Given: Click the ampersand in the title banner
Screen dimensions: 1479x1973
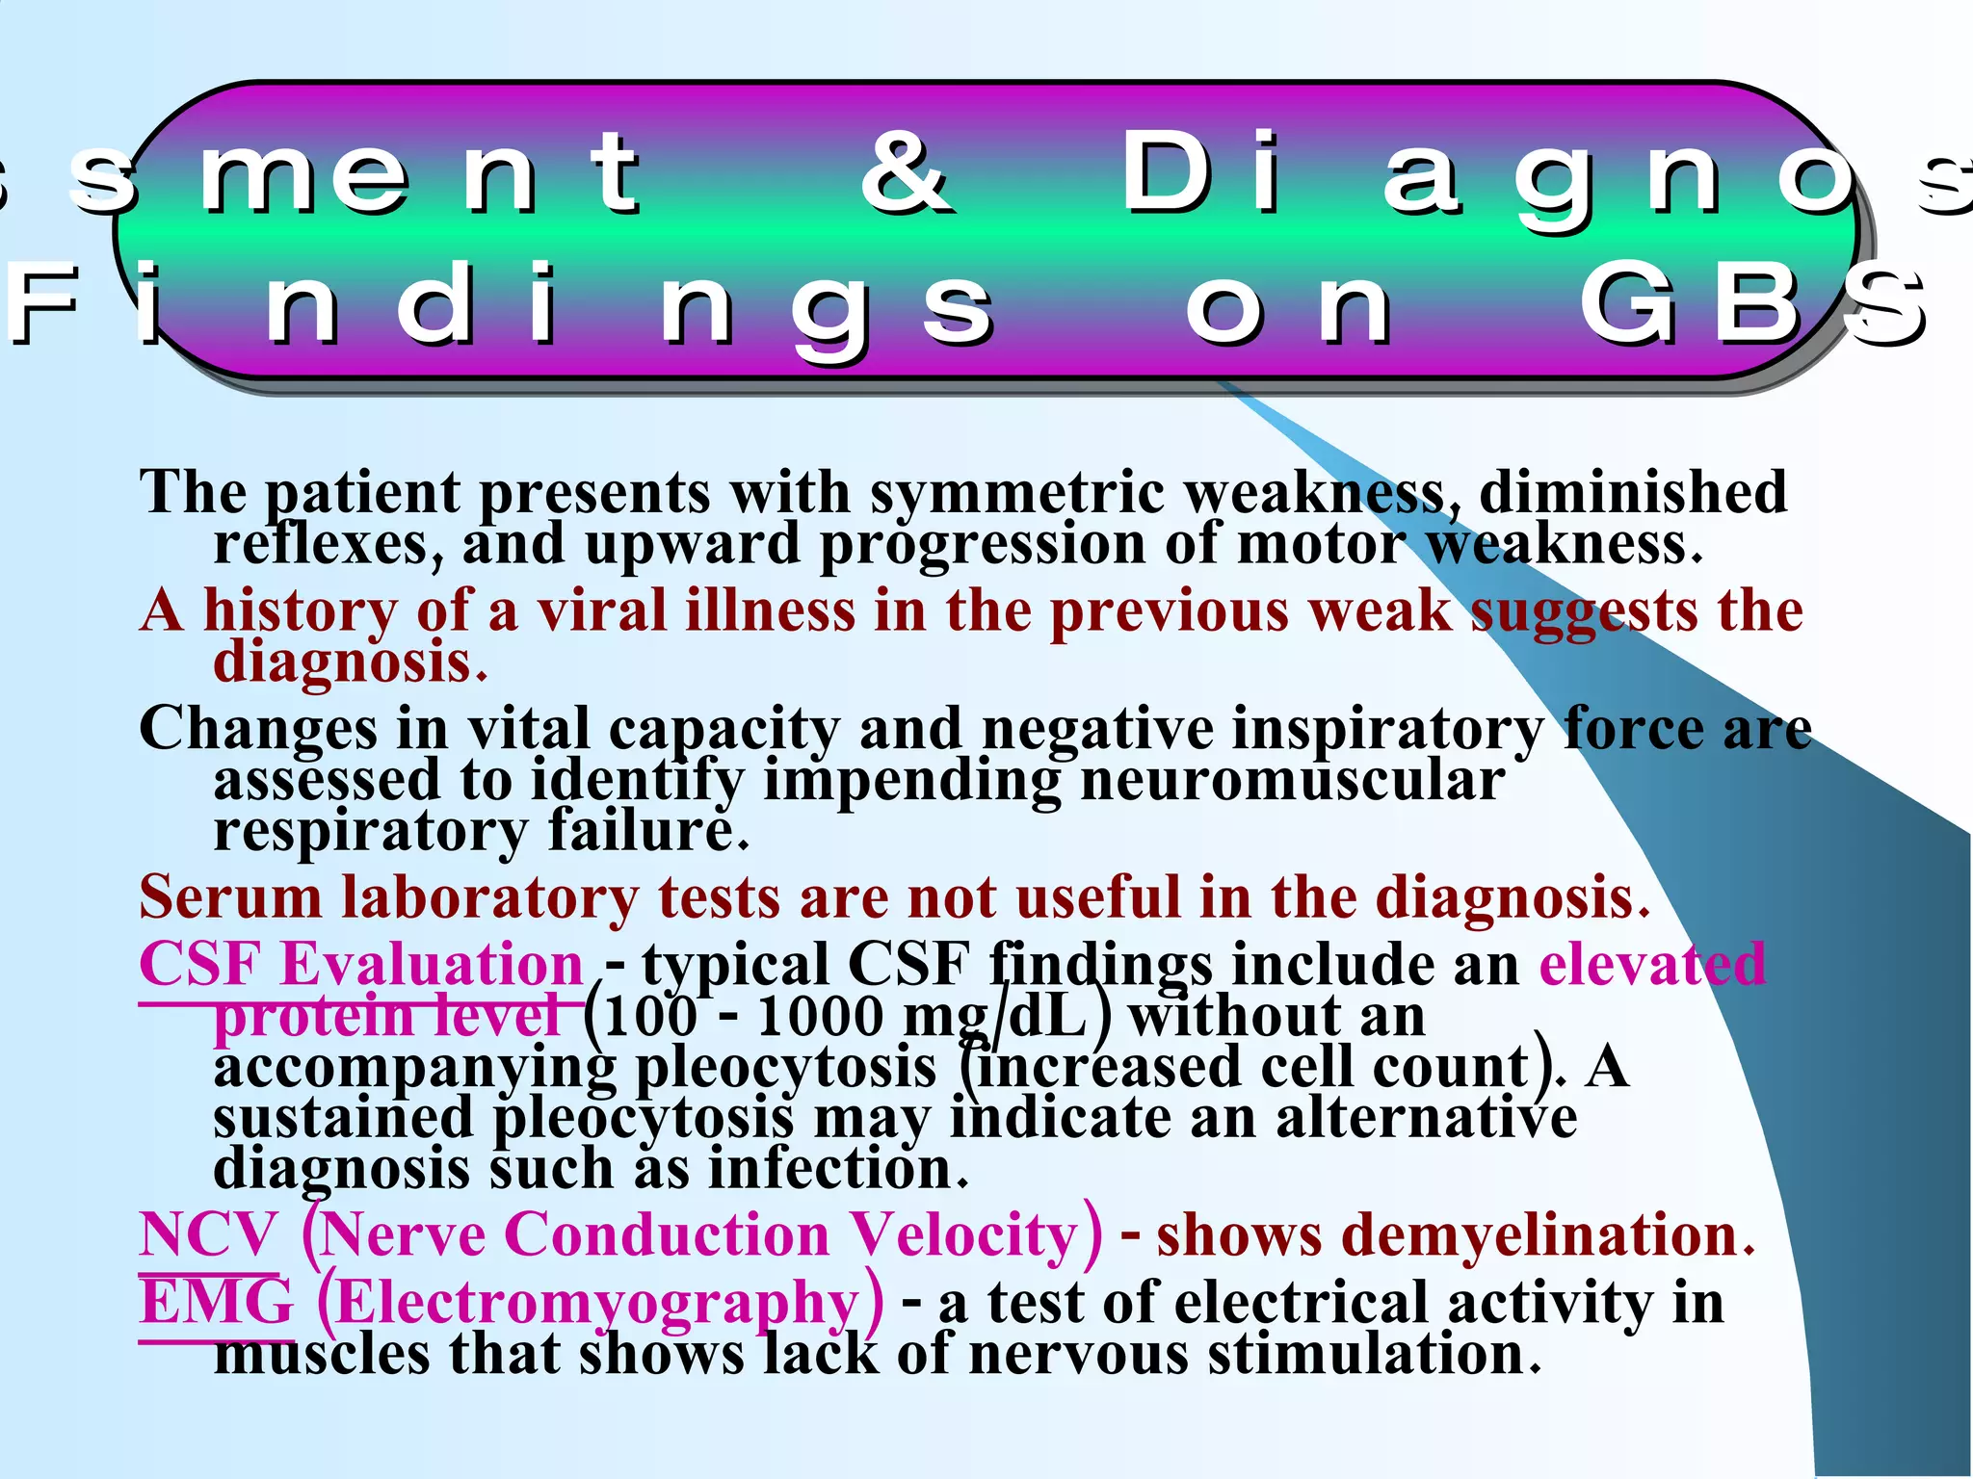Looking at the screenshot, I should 907,173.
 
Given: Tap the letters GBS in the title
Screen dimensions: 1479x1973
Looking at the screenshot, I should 1753,306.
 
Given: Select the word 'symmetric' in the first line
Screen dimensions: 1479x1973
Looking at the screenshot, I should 1016,493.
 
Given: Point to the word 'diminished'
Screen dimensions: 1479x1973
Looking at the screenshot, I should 1633,493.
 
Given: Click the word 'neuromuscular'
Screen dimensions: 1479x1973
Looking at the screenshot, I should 1292,780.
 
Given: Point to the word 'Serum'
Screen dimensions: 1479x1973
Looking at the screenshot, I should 230,897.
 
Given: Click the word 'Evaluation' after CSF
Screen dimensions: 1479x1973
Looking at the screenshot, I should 432,964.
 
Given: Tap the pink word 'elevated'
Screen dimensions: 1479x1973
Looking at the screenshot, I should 1652,964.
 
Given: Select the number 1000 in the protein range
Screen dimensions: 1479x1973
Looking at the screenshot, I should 820,1017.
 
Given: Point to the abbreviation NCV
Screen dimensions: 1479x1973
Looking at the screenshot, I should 208,1234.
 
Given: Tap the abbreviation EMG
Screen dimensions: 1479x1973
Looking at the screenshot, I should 216,1303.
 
